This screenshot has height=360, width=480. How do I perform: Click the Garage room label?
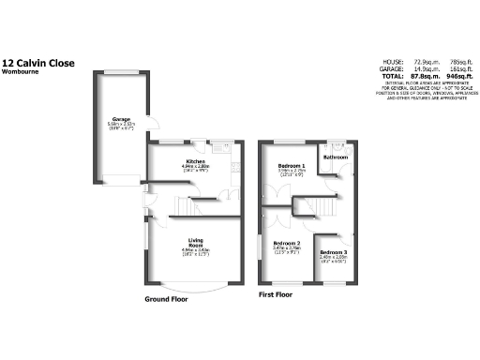click(121, 119)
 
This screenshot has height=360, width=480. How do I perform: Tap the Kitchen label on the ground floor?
click(197, 160)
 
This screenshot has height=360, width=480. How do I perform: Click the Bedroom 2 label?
click(286, 243)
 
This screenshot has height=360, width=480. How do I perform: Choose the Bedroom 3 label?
click(332, 253)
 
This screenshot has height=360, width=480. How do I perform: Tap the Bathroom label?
click(335, 157)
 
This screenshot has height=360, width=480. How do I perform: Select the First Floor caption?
click(276, 294)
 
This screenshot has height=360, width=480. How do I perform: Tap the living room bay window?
click(196, 285)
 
